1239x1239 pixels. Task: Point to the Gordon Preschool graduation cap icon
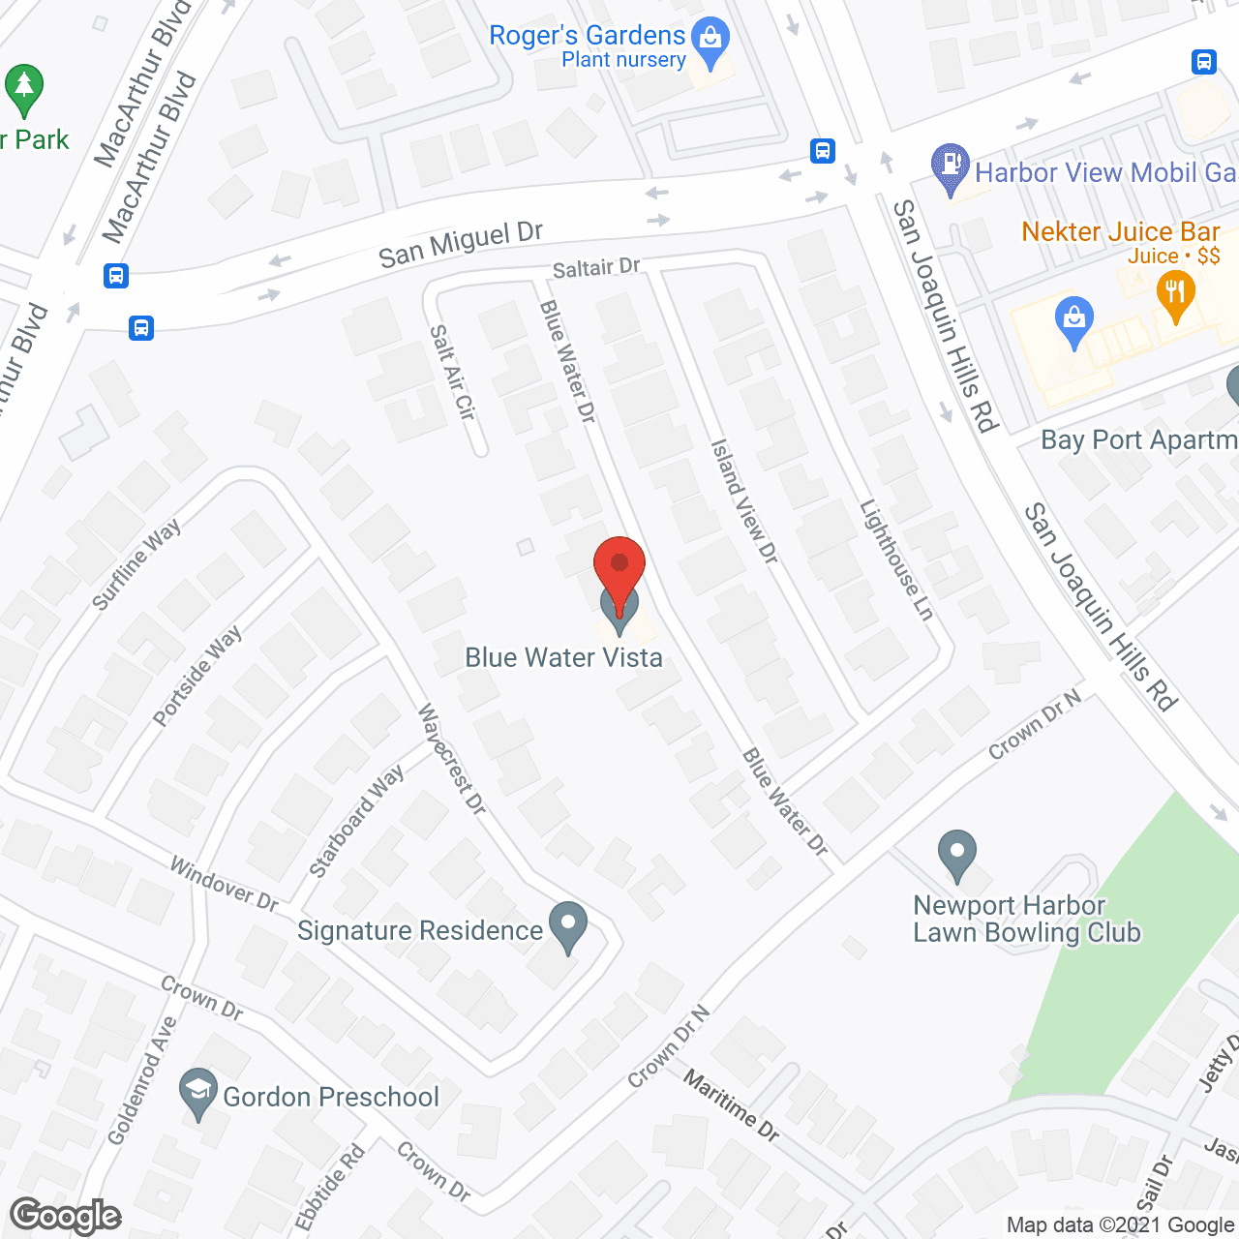pos(198,1093)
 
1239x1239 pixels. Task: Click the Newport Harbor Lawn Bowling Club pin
pos(957,854)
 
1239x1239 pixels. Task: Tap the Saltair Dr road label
pos(596,268)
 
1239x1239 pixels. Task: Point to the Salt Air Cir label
pos(453,372)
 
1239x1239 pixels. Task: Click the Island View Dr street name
pos(744,500)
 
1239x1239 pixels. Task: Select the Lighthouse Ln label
pos(896,559)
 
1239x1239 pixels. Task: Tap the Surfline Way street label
pos(136,565)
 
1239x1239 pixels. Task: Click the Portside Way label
pos(197,676)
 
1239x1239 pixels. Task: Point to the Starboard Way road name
pos(356,822)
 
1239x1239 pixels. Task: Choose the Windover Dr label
pos(224,883)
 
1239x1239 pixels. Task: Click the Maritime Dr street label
pos(731,1104)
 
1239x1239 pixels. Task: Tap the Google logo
pos(66,1216)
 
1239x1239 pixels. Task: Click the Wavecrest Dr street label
pos(451,759)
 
